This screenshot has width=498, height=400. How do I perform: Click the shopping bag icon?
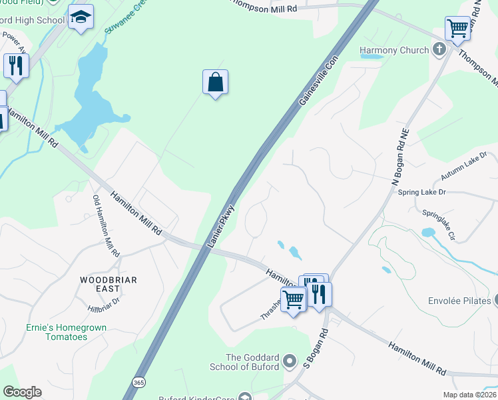coord(215,83)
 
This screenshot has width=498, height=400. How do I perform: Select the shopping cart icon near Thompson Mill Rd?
coord(457,29)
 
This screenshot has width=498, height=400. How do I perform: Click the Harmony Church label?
coord(394,50)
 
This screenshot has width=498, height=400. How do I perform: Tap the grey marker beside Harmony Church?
coord(439,49)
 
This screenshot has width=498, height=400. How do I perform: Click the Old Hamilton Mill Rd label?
coord(106,227)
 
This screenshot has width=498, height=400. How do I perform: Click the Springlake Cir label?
coord(439,225)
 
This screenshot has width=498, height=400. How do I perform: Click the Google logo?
coord(22,392)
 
